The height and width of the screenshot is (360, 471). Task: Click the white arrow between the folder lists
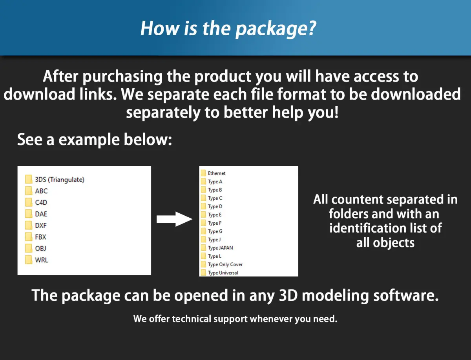pos(174,219)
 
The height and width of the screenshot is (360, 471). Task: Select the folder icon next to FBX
pos(29,237)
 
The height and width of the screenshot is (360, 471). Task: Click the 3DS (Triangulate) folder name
pos(60,180)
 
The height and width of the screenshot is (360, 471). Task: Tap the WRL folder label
pos(42,260)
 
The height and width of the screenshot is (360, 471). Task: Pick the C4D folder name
pos(41,202)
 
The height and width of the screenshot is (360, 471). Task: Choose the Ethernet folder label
pos(217,173)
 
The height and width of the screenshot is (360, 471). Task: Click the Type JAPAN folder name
pos(220,248)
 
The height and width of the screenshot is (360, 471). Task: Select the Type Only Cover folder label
pos(225,265)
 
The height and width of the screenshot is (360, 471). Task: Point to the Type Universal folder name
pos(223,273)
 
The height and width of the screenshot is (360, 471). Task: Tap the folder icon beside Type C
pos(203,198)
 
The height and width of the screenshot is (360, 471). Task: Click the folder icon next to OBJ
pos(29,248)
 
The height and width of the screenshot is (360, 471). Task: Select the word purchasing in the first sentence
pos(122,77)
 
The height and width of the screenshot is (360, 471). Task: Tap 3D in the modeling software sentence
pos(288,295)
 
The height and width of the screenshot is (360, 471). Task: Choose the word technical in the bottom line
pos(192,319)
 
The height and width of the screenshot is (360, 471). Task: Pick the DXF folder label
pos(41,225)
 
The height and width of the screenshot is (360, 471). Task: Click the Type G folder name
pos(215,231)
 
